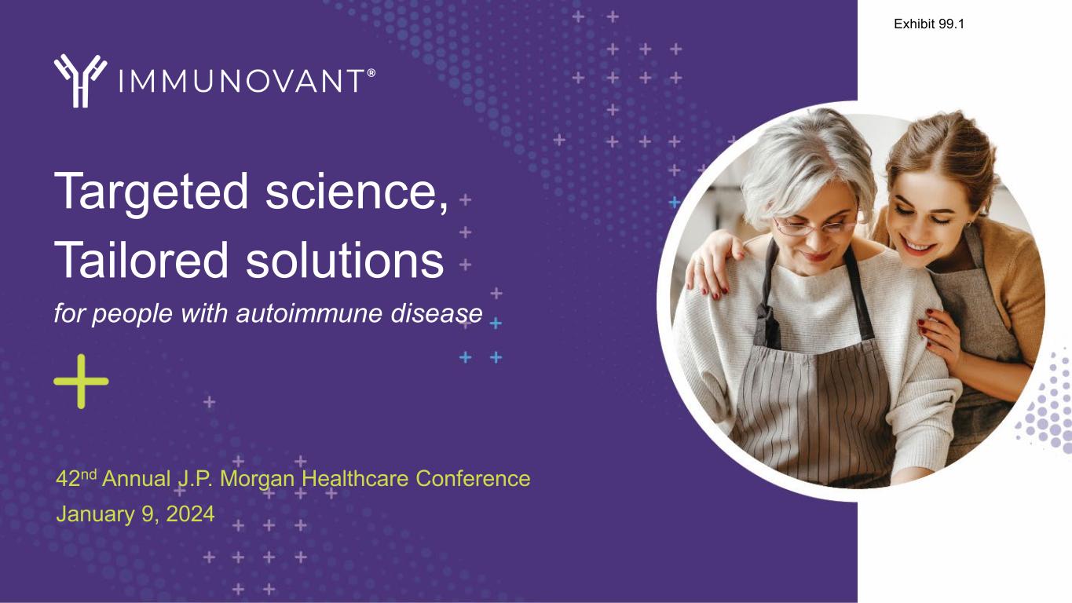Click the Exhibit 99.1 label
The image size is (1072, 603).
click(x=929, y=24)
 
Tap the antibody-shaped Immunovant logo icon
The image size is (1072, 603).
click(x=80, y=81)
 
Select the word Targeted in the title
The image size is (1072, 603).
click(x=151, y=192)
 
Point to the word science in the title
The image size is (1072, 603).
click(x=357, y=192)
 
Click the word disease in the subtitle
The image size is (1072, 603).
click(x=437, y=314)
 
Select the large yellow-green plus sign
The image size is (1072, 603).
click(x=81, y=382)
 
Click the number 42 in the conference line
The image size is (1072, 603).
click(x=68, y=479)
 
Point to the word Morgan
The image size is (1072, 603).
click(x=257, y=479)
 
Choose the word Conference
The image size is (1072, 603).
click(x=473, y=479)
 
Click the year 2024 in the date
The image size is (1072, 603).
click(x=190, y=514)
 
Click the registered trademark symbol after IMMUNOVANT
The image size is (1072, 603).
click(x=371, y=73)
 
